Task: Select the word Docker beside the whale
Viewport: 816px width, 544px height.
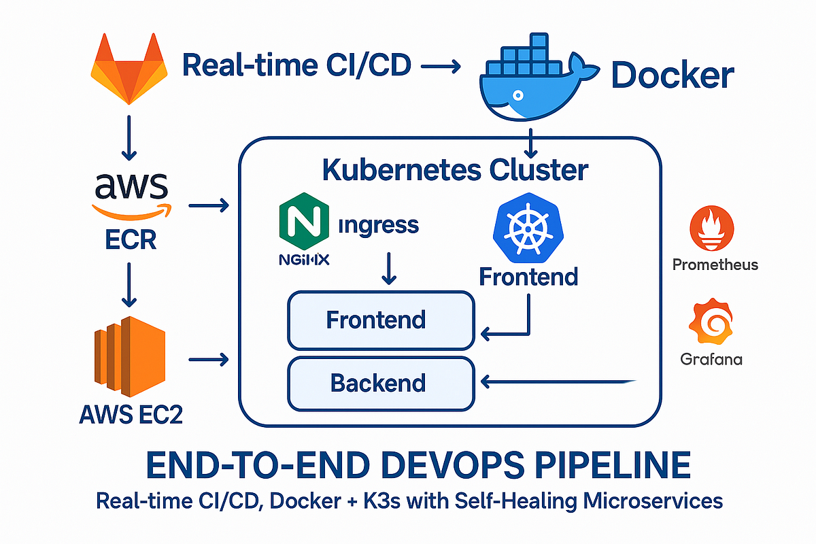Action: click(673, 75)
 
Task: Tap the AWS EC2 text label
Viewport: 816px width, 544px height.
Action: click(131, 414)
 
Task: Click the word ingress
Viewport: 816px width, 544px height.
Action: click(378, 226)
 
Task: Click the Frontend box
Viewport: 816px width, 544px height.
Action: click(381, 320)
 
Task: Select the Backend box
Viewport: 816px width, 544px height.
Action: click(381, 383)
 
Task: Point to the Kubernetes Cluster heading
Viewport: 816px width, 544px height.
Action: click(454, 169)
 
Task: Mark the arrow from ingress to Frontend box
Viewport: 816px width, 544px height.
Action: click(389, 268)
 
